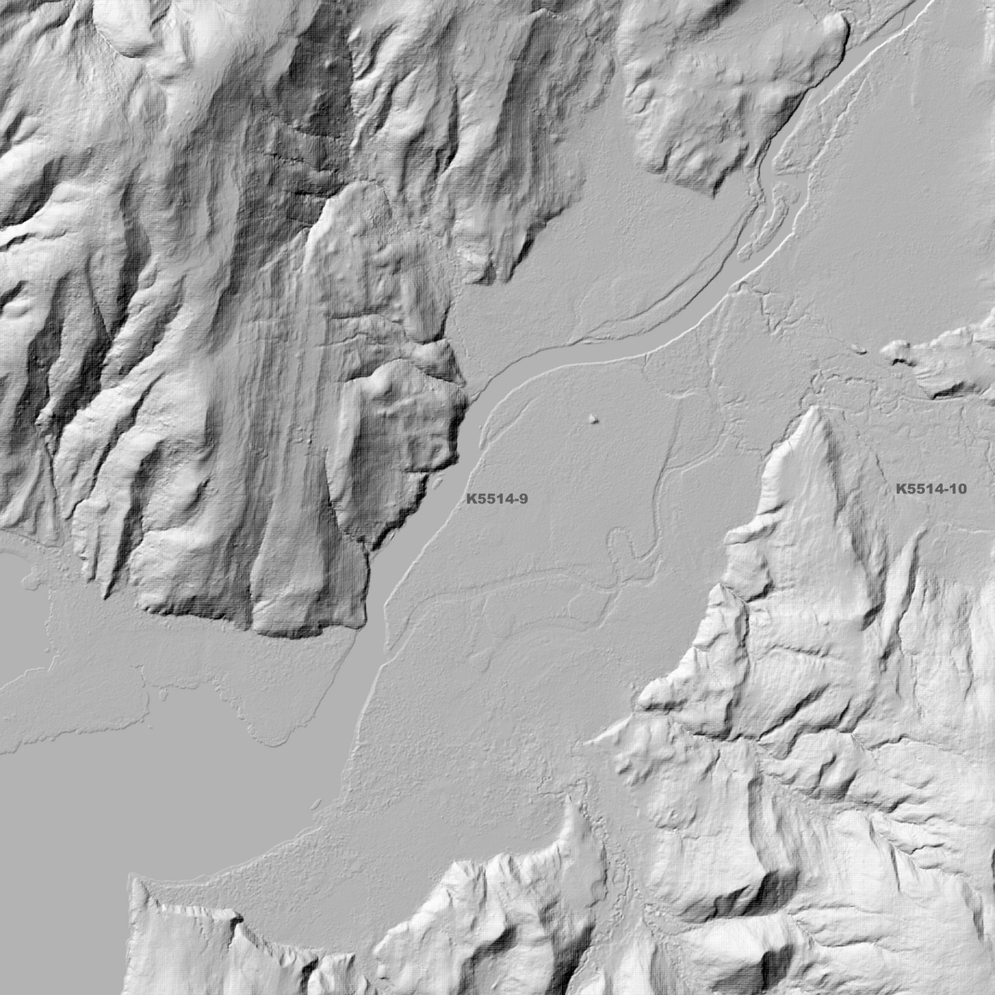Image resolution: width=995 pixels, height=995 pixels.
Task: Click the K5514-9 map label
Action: click(496, 499)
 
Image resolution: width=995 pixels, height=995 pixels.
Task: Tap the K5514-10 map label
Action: click(931, 489)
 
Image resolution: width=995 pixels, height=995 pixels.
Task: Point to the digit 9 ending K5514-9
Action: click(524, 499)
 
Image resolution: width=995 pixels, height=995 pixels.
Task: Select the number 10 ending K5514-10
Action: click(958, 489)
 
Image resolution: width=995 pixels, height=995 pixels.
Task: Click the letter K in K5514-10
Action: click(901, 489)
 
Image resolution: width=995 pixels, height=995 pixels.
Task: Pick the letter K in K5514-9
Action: click(471, 499)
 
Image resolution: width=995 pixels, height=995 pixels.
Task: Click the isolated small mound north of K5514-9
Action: click(593, 417)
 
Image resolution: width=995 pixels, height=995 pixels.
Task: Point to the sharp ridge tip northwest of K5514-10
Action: click(817, 410)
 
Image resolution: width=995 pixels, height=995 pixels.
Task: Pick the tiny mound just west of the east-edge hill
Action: click(858, 348)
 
